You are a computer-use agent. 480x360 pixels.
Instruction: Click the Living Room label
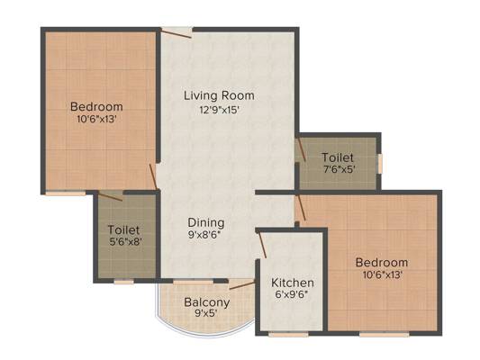[x=219, y=95]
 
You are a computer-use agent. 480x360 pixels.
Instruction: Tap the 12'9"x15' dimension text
[x=219, y=110]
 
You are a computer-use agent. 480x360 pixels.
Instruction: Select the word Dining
[x=205, y=223]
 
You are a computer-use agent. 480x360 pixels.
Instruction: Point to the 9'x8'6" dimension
[x=204, y=235]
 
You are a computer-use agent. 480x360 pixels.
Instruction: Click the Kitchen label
[x=293, y=283]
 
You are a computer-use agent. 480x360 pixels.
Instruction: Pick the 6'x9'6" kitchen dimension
[x=292, y=295]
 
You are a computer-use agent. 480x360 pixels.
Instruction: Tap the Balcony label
[x=207, y=302]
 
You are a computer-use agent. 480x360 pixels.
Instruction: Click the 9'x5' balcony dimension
[x=206, y=313]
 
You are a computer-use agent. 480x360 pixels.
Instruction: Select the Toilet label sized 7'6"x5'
[x=338, y=157]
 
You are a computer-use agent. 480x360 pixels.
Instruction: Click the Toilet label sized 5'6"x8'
[x=123, y=229]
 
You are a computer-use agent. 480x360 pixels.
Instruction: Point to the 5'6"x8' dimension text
[x=125, y=242]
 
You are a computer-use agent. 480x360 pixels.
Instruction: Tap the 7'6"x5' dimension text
[x=340, y=169]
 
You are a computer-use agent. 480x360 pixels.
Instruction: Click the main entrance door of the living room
[x=177, y=32]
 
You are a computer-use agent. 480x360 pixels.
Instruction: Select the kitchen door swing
[x=263, y=246]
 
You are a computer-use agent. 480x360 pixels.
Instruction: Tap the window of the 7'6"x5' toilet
[x=380, y=164]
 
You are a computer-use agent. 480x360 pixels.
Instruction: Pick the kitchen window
[x=288, y=334]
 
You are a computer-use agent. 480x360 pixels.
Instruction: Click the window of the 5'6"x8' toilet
[x=124, y=282]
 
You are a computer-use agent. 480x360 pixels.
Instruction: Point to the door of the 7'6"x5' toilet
[x=301, y=149]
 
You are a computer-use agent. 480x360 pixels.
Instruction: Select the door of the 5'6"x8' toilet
[x=110, y=196]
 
